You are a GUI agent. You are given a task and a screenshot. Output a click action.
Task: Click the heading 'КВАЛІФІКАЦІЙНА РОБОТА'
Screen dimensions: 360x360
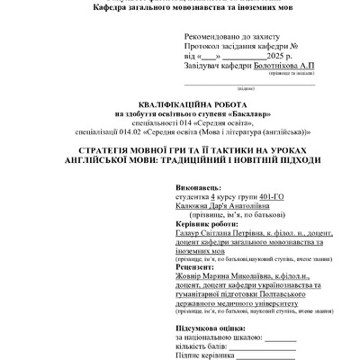click(x=180, y=104)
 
